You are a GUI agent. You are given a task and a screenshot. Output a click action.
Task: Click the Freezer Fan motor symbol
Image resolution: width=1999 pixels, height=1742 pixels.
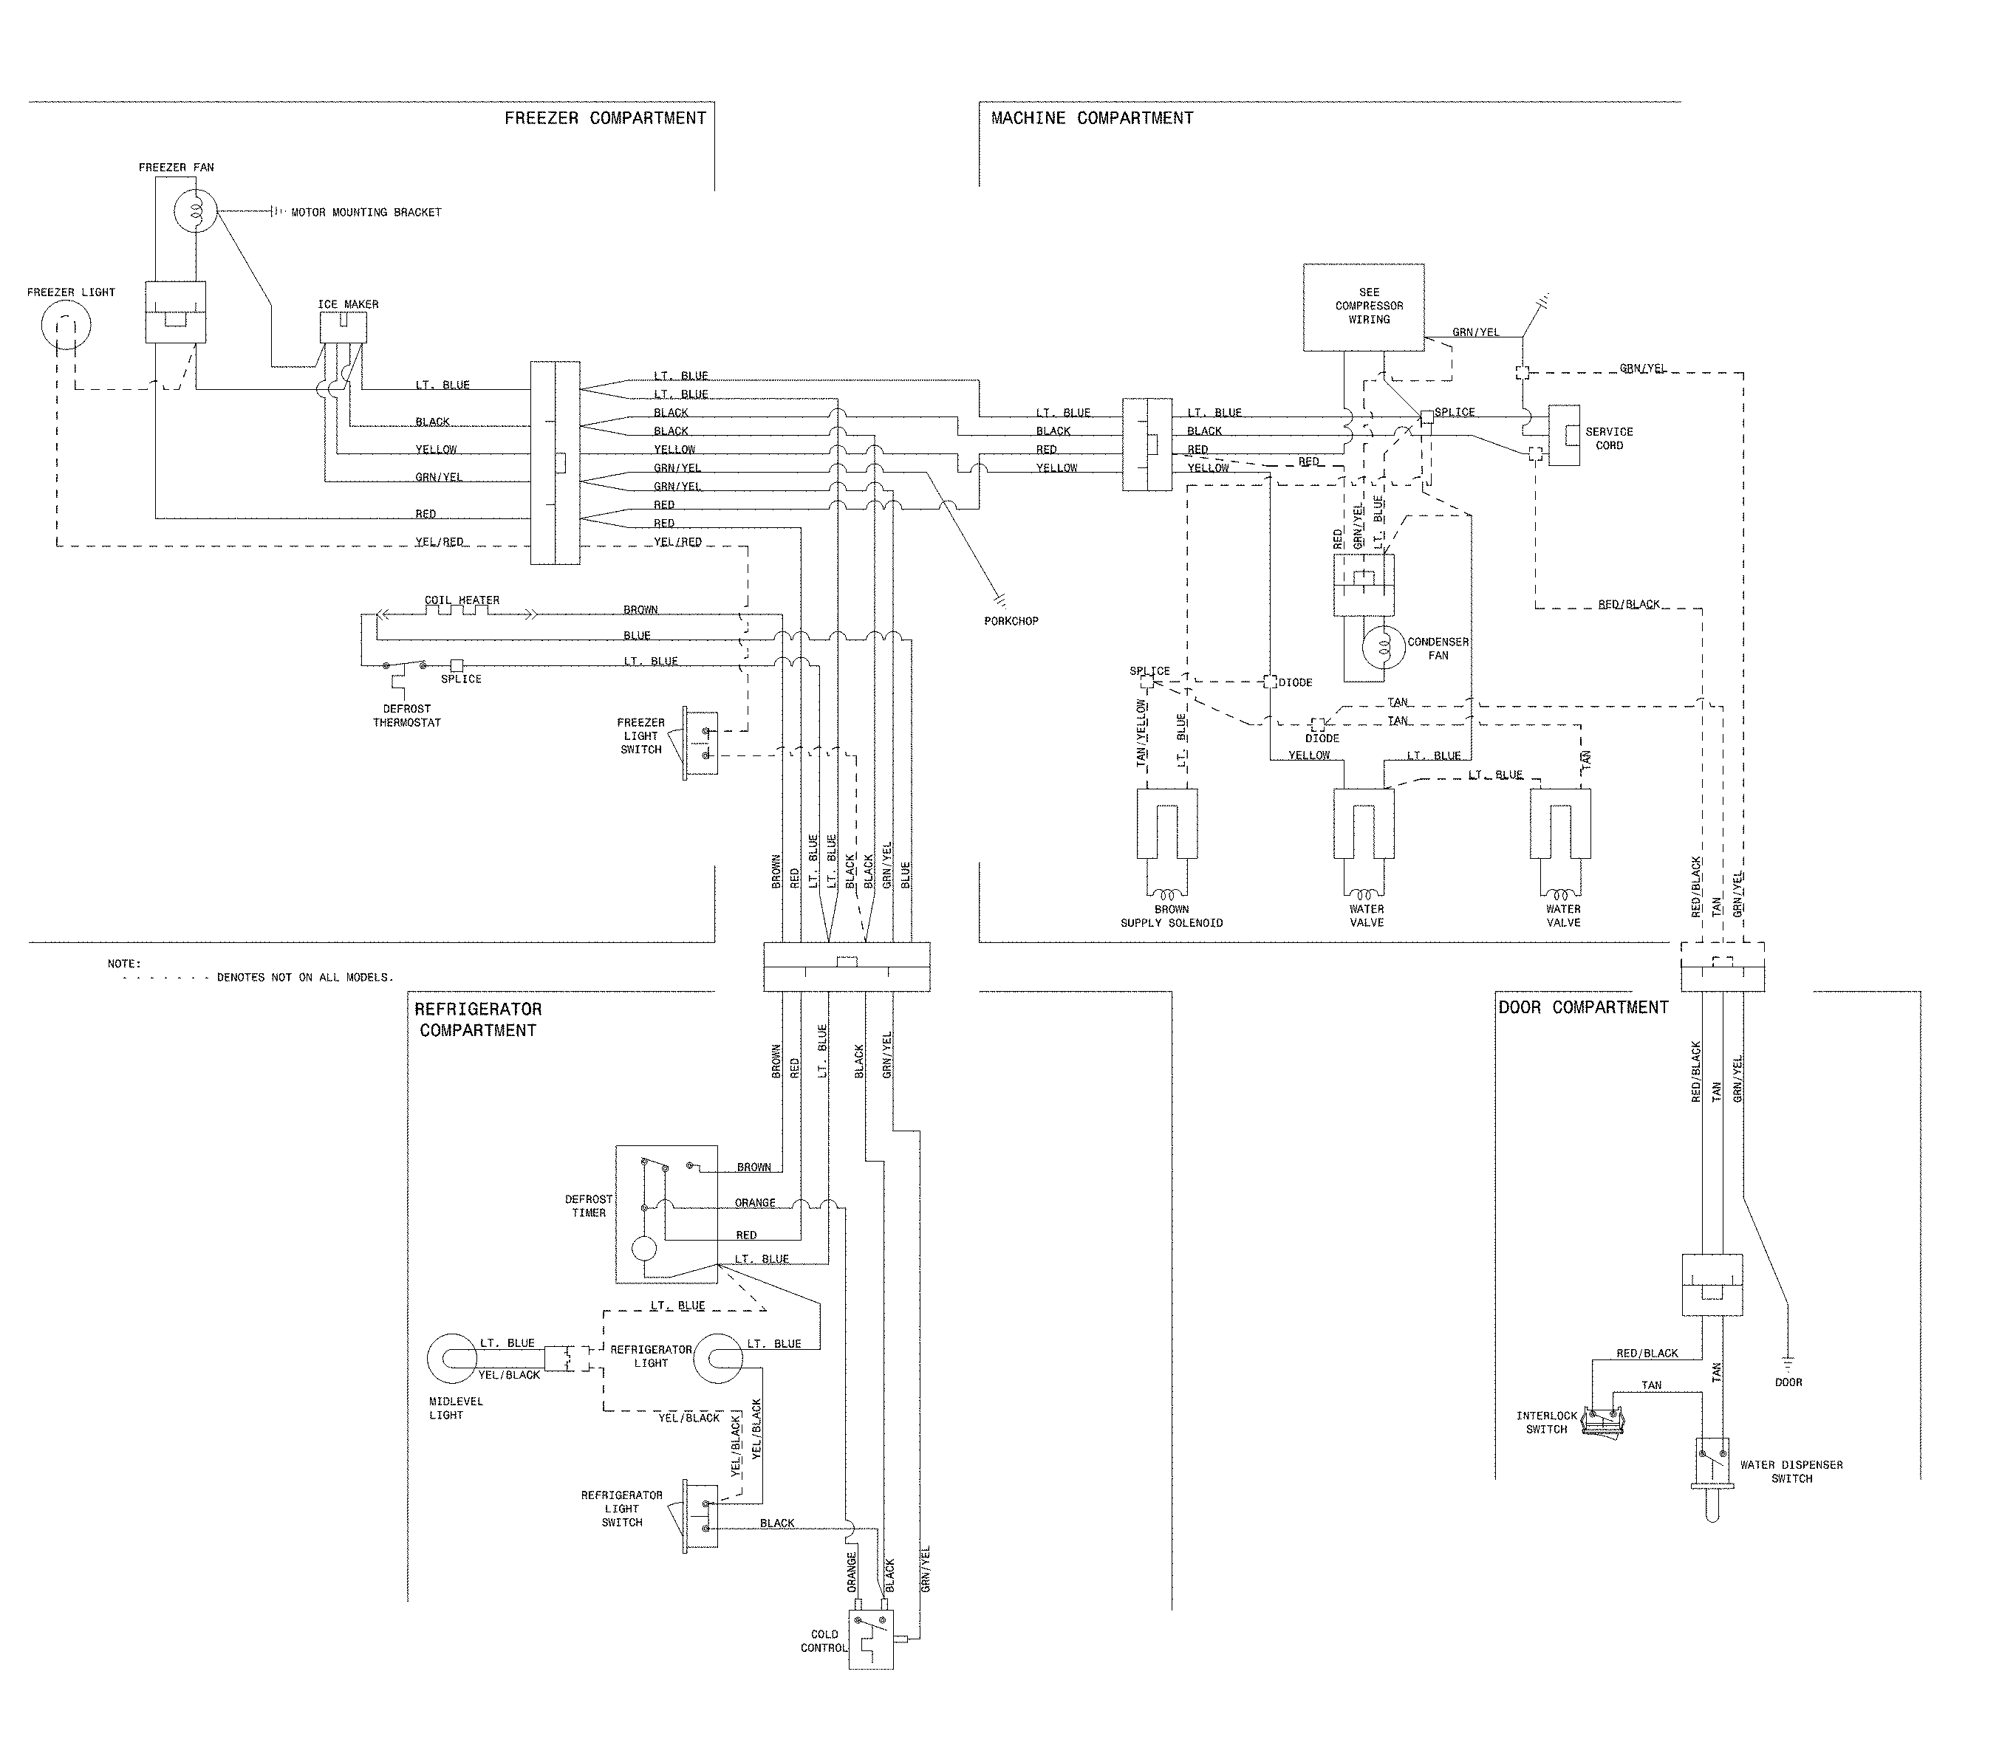click(194, 212)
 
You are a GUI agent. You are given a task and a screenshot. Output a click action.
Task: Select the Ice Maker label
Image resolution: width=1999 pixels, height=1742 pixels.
click(347, 304)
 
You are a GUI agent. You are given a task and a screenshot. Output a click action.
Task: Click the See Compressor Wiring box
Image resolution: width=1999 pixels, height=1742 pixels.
click(1363, 306)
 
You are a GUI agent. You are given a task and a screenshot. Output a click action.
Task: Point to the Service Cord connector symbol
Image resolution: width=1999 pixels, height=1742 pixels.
click(1562, 436)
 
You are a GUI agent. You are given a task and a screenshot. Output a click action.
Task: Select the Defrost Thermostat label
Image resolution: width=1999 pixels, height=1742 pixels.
click(406, 716)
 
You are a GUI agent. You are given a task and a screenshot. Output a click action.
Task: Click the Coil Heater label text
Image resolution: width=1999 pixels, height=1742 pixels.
click(462, 600)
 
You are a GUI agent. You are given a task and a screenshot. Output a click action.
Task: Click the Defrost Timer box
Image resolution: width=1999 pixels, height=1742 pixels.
click(666, 1213)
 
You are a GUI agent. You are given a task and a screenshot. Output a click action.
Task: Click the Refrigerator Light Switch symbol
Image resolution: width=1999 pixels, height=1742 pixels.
click(700, 1515)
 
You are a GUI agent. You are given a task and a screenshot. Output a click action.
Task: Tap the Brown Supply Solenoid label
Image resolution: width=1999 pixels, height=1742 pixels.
click(1171, 916)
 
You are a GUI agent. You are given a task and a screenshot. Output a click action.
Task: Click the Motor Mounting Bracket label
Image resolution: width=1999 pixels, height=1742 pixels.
click(366, 212)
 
